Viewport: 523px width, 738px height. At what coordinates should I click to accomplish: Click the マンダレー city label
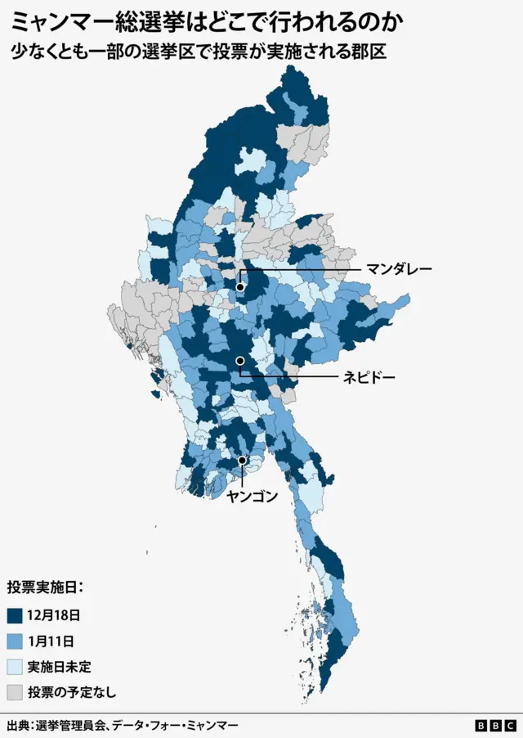398,268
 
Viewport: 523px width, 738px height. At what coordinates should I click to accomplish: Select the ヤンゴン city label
253,496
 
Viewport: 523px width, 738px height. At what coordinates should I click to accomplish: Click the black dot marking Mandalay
240,287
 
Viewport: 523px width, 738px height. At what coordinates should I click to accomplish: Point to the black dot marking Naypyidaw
240,361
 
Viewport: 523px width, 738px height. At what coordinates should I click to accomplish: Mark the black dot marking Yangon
242,461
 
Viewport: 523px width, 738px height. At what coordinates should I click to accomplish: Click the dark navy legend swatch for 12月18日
15,614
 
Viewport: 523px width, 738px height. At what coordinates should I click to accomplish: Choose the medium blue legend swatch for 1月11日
15,641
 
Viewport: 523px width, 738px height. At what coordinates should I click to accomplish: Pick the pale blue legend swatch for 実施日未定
15,667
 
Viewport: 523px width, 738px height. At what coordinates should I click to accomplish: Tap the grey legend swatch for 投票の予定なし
15,692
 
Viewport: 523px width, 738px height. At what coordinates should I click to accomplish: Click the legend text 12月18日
53,614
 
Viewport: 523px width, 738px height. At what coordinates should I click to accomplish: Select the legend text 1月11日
50,641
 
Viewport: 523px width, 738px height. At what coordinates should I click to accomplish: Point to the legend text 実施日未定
59,667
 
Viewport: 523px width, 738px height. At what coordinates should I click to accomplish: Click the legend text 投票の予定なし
72,692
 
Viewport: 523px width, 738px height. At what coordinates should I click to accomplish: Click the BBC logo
495,726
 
